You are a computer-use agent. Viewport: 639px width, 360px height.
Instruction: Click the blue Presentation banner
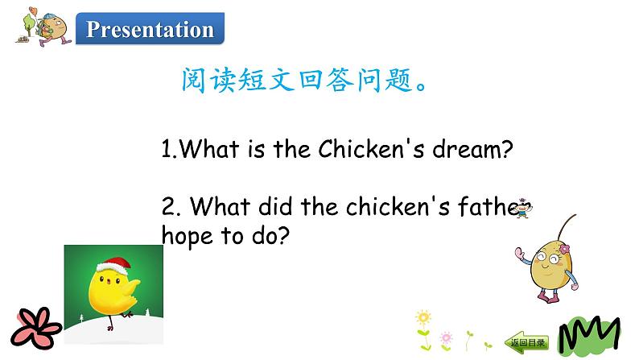pyautogui.click(x=150, y=30)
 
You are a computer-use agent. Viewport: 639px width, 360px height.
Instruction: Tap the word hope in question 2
pyautogui.click(x=185, y=238)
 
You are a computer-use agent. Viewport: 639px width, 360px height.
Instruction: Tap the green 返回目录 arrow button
pyautogui.click(x=527, y=342)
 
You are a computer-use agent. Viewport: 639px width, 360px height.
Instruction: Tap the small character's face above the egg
pyautogui.click(x=524, y=207)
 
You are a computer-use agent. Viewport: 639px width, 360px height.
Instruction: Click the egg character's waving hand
pyautogui.click(x=513, y=259)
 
